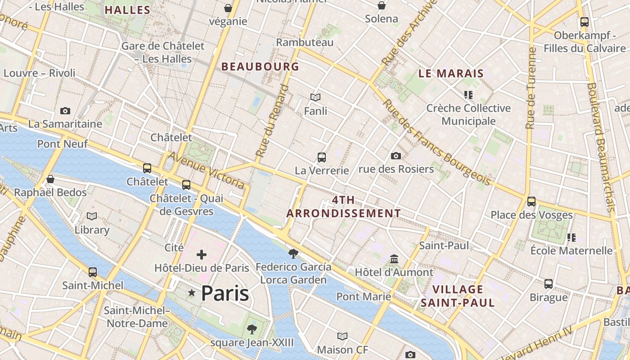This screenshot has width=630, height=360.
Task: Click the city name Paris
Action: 225,293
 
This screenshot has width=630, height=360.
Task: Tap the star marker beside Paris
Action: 192,293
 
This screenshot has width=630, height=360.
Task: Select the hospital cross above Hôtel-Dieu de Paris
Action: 202,255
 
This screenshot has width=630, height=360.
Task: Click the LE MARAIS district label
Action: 451,74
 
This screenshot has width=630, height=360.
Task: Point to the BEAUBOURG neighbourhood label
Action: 260,67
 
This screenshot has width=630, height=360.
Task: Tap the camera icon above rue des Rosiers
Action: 396,156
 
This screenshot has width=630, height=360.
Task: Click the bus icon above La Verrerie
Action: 322,157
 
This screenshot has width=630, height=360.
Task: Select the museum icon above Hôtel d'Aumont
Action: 395,259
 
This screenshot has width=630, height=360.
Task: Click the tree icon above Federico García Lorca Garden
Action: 293,254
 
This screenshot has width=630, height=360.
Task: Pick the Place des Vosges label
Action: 531,215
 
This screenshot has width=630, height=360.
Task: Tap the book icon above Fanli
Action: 315,97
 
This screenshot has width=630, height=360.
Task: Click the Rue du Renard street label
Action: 272,121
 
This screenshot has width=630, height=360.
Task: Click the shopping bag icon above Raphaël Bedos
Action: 50,179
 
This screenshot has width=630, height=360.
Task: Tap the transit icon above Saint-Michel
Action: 93,272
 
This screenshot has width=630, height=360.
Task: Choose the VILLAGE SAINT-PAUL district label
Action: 458,296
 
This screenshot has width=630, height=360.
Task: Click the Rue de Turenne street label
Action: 531,88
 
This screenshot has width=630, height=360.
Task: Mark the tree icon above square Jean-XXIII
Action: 252,329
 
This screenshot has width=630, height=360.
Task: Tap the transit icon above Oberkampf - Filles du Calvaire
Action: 585,22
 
